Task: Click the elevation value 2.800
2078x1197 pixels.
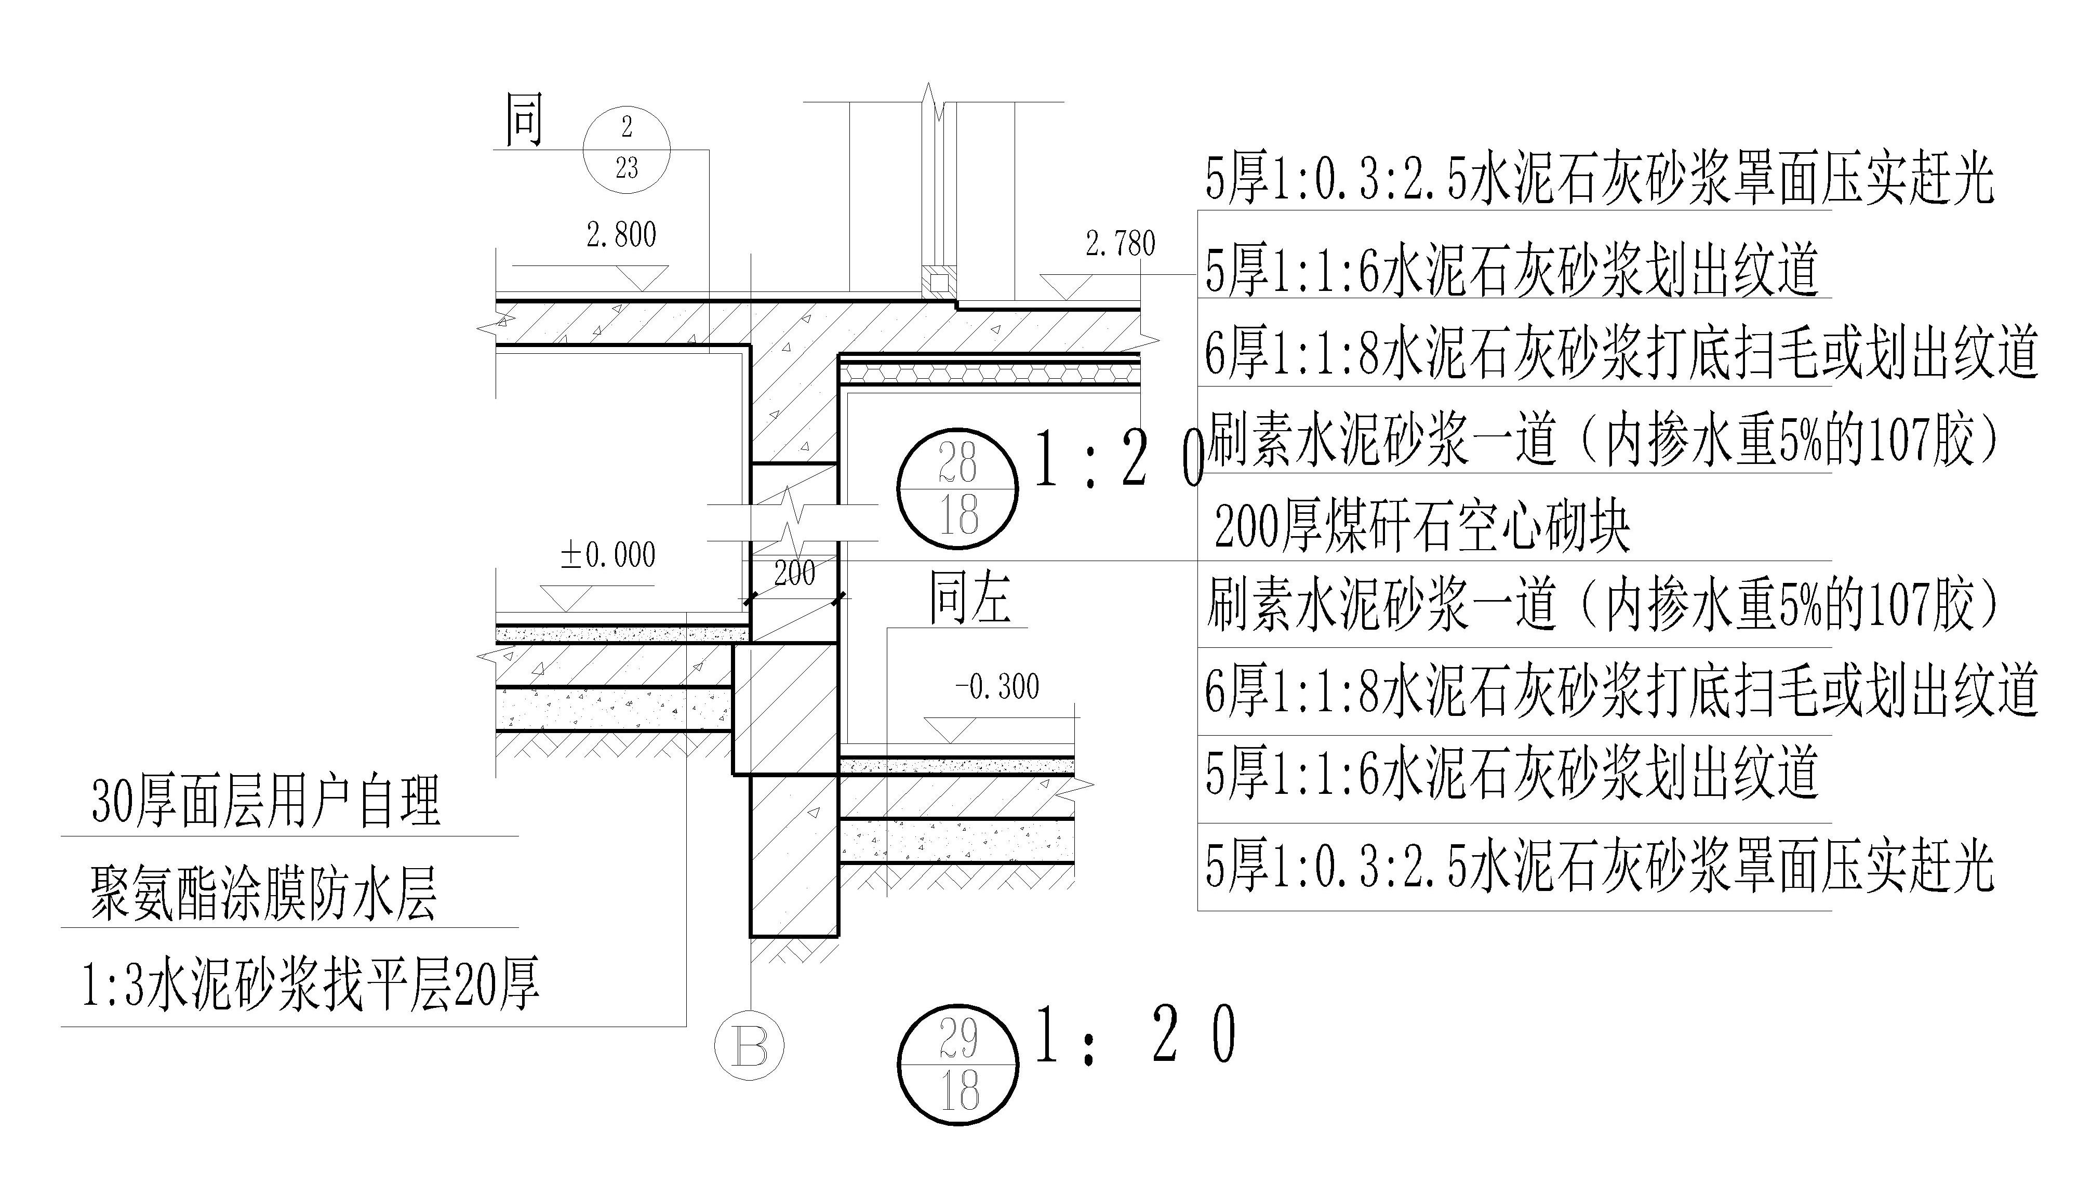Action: point(621,235)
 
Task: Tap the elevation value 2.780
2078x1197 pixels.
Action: point(1121,243)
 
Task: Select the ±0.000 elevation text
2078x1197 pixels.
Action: point(608,555)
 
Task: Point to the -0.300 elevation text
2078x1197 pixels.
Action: point(997,686)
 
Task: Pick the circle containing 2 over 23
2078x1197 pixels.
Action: point(627,150)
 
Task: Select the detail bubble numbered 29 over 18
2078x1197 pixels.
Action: point(957,1064)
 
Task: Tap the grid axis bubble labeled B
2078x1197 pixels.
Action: point(749,1044)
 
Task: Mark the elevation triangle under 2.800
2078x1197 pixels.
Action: point(642,278)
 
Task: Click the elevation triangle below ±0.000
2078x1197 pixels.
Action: point(566,597)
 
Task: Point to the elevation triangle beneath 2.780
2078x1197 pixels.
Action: point(1066,286)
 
